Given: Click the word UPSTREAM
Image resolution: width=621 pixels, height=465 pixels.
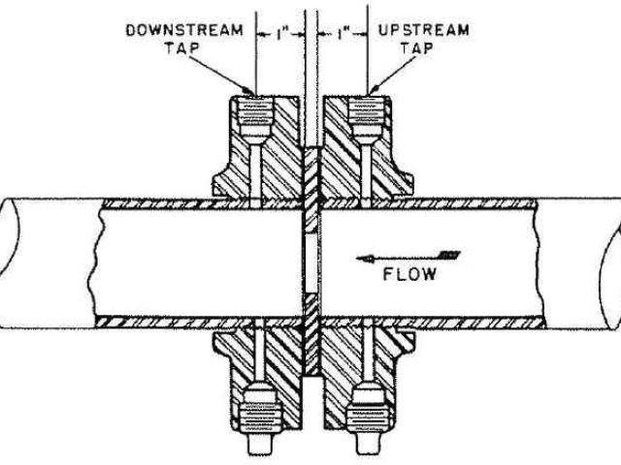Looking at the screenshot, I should [423, 30].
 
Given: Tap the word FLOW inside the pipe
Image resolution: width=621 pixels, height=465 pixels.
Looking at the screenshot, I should [408, 274].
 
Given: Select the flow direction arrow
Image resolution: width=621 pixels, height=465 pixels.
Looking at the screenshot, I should [408, 256].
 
